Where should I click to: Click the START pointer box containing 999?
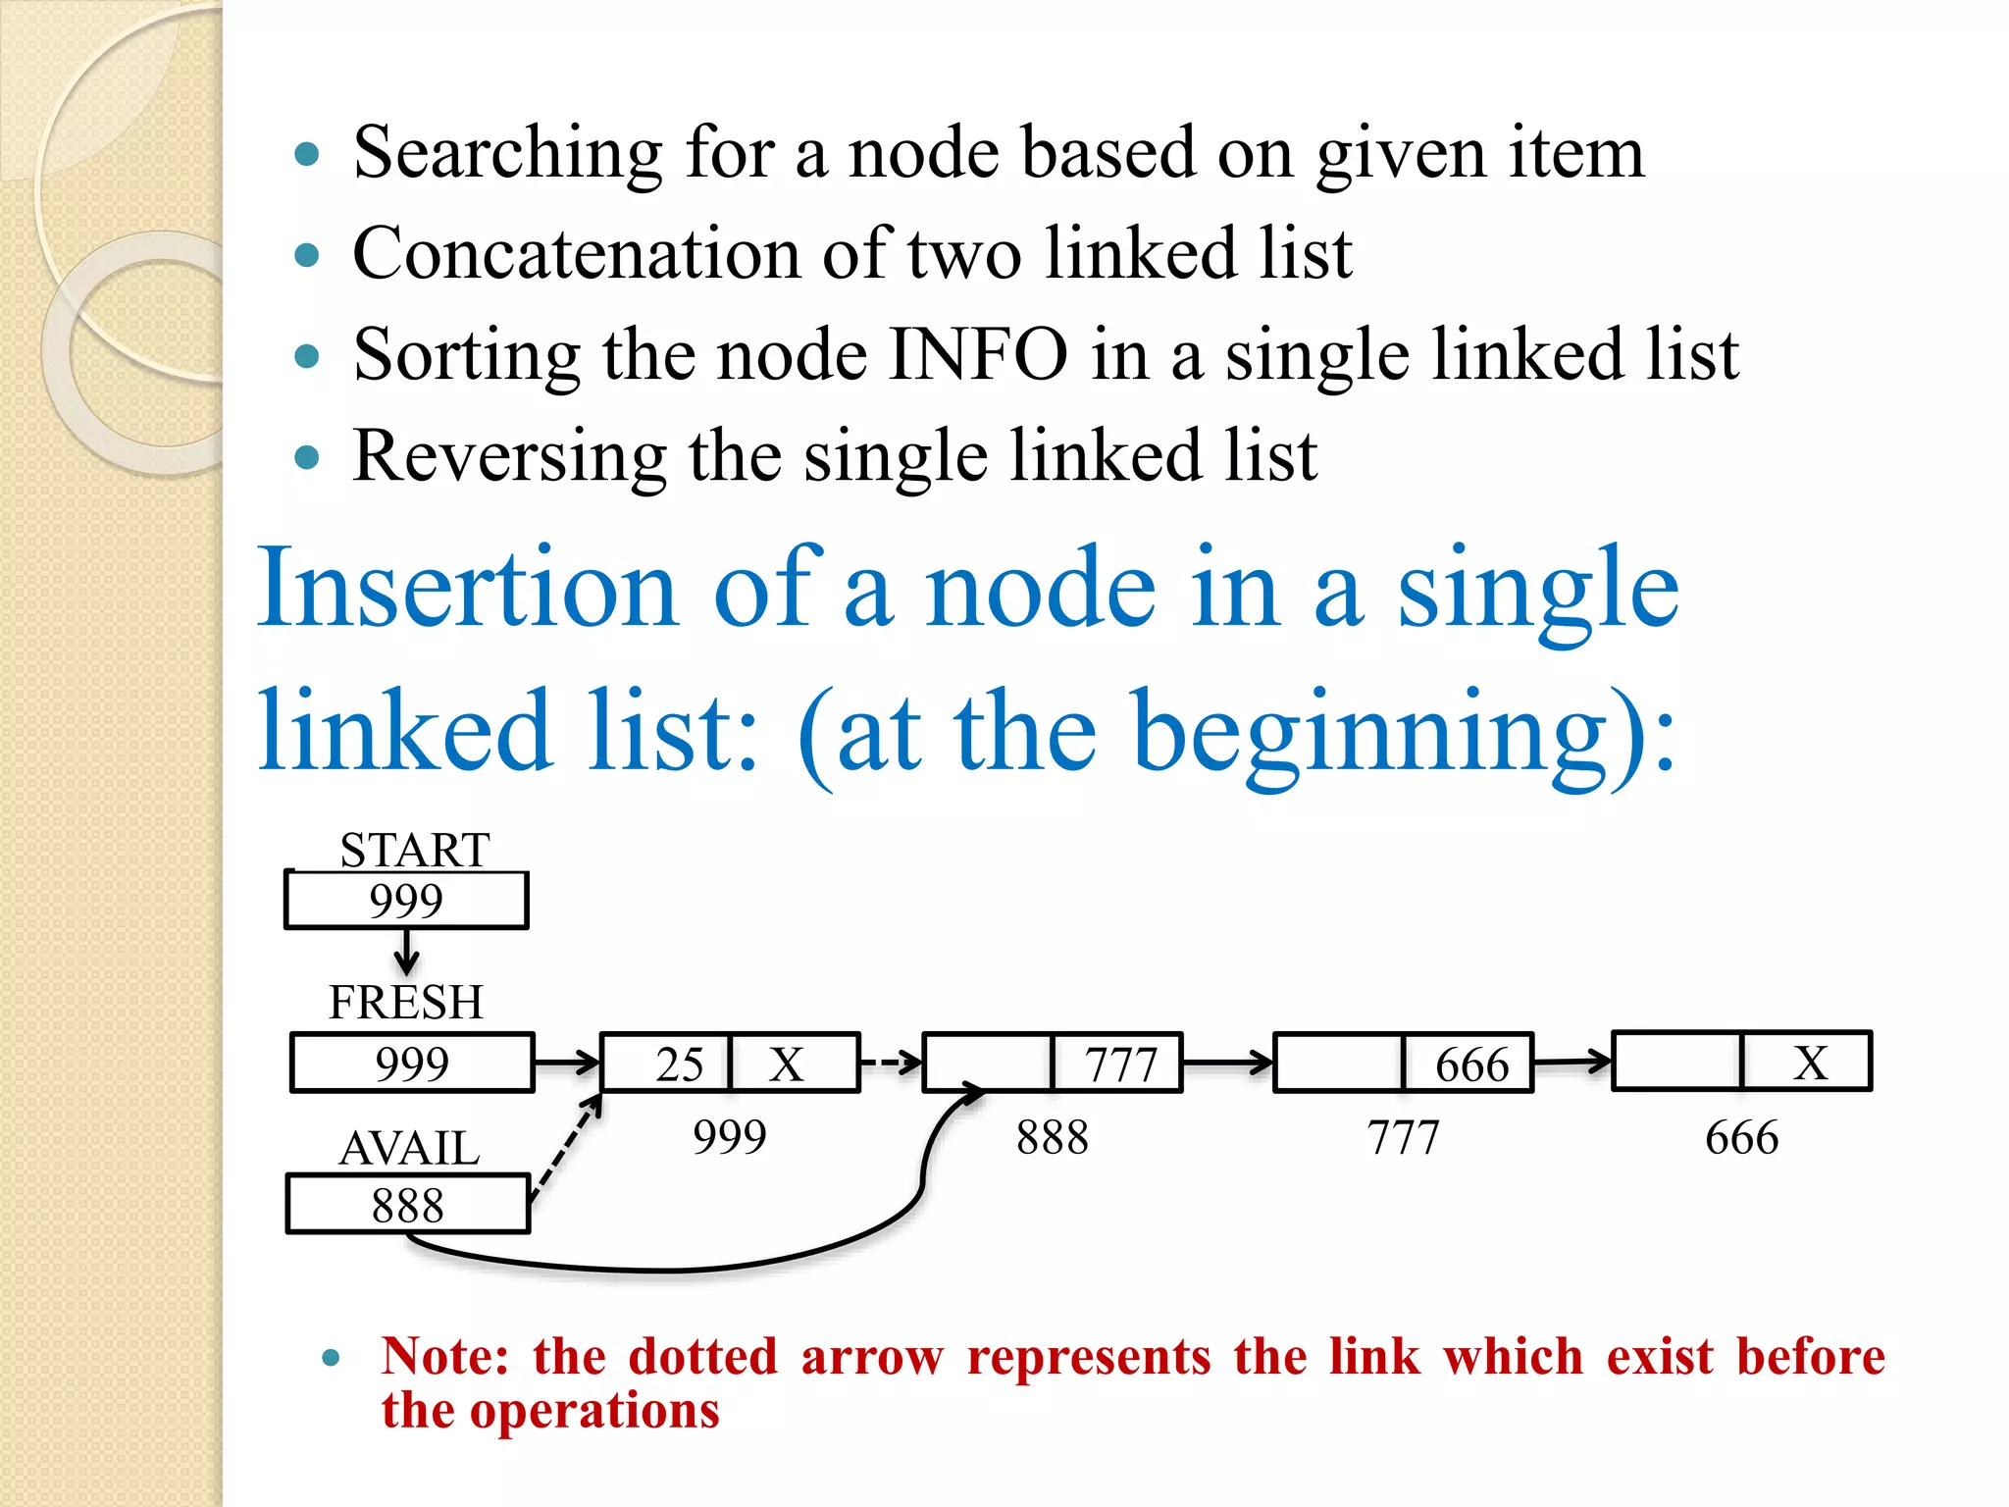pyautogui.click(x=406, y=901)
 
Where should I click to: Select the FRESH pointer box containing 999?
pyautogui.click(x=412, y=1063)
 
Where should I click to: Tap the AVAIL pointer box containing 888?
pyautogui.click(x=408, y=1205)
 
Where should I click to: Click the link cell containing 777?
pyautogui.click(x=1117, y=1064)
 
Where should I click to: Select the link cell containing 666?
pyautogui.click(x=1468, y=1064)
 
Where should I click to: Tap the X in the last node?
pyautogui.click(x=1808, y=1062)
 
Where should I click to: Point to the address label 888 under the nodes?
pyautogui.click(x=1052, y=1138)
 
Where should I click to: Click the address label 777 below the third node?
pyautogui.click(x=1403, y=1138)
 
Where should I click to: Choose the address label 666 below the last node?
pyautogui.click(x=1741, y=1138)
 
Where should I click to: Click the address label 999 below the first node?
pyautogui.click(x=729, y=1138)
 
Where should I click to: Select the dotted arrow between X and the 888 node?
pyautogui.click(x=891, y=1062)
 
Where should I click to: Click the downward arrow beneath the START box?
pyautogui.click(x=406, y=952)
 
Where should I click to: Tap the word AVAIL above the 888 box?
pyautogui.click(x=409, y=1148)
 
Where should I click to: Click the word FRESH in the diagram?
pyautogui.click(x=406, y=1003)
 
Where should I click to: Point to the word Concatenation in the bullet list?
pyautogui.click(x=576, y=253)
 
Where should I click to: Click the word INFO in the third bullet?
pyautogui.click(x=977, y=354)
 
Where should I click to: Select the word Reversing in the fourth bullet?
pyautogui.click(x=509, y=456)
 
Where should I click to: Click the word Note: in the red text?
pyautogui.click(x=444, y=1357)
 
